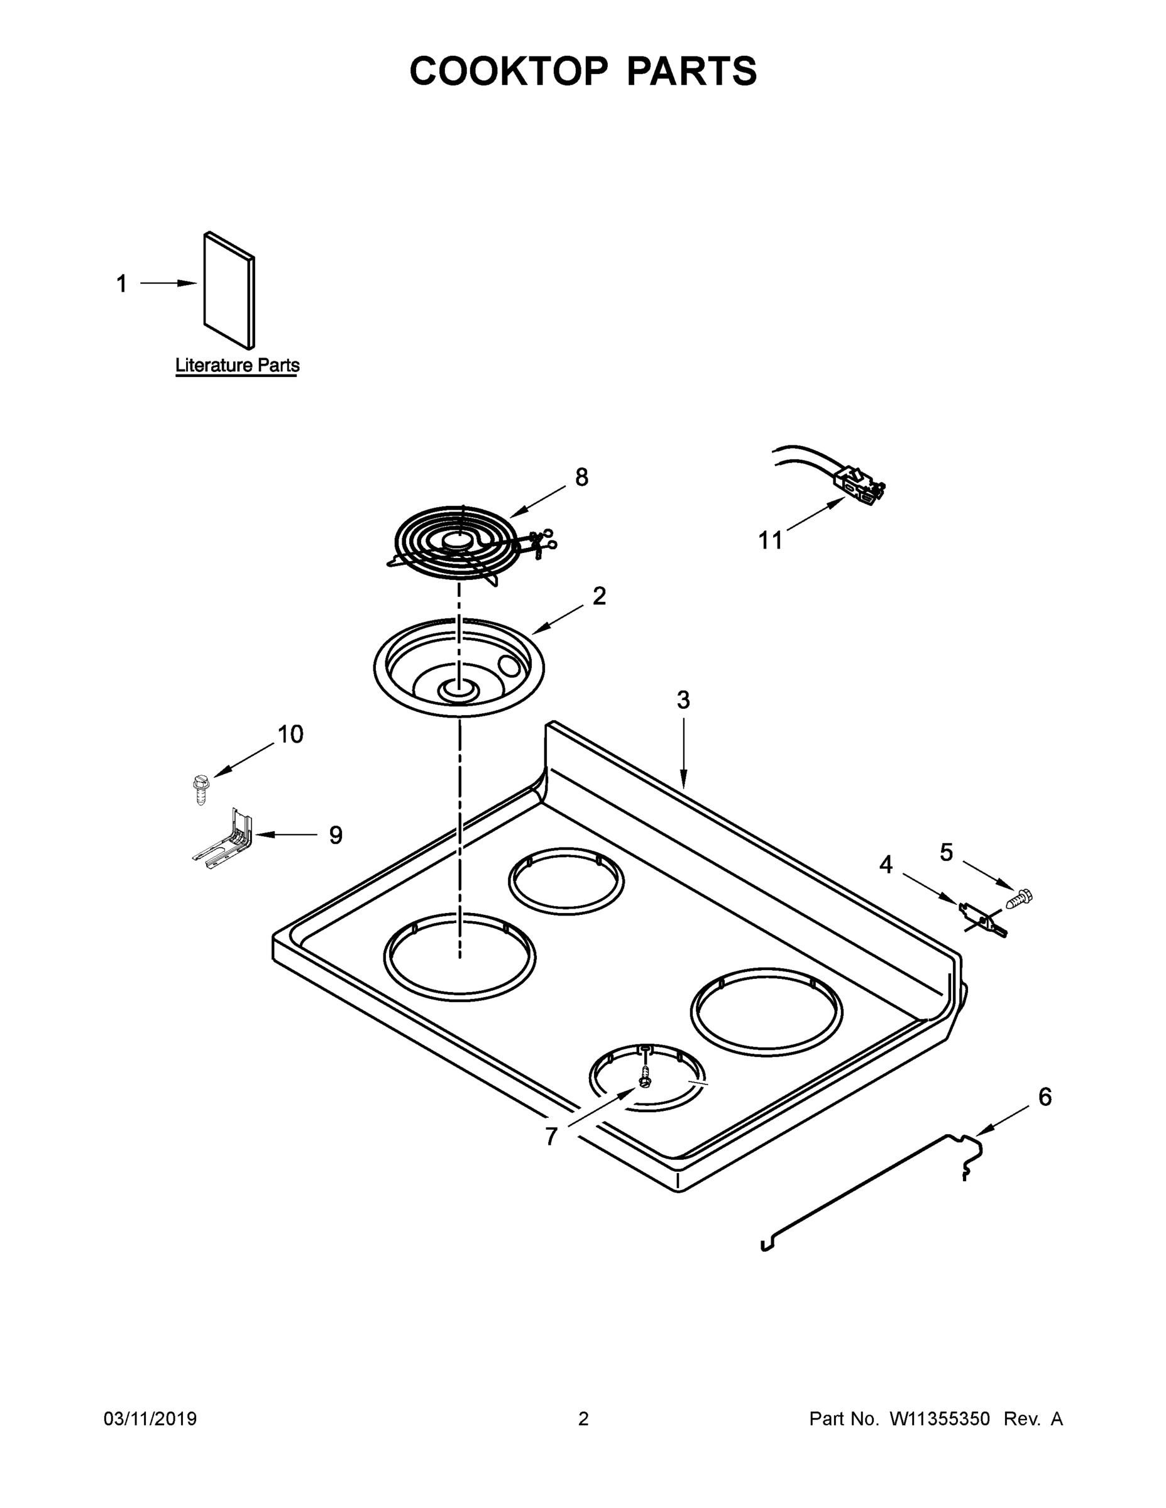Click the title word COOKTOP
509,71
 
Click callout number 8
581,477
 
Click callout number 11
770,540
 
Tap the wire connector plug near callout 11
859,481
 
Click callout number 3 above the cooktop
683,700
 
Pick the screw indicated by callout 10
200,789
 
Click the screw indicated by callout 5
1020,899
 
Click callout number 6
1045,1096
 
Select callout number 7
551,1136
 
